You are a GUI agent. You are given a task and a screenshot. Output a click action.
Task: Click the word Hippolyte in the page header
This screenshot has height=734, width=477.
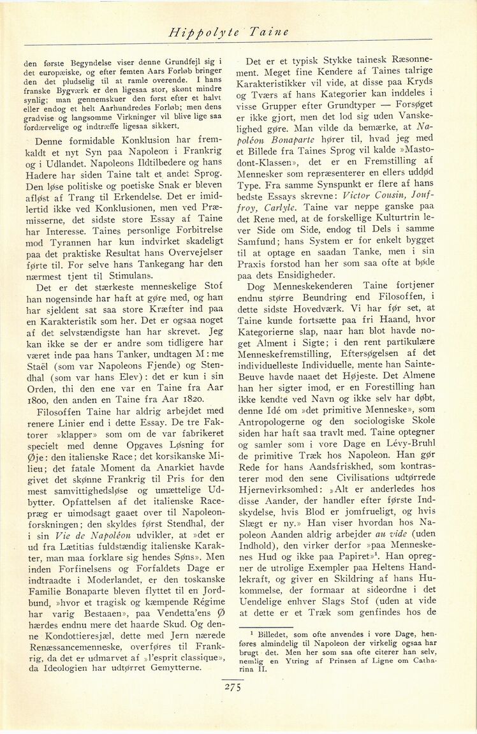194,31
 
